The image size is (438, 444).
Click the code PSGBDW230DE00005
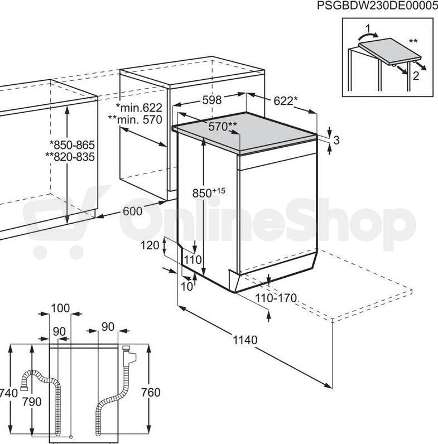click(377, 5)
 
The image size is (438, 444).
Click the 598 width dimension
click(212, 100)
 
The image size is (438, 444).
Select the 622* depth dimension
click(286, 100)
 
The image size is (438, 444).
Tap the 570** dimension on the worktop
click(223, 126)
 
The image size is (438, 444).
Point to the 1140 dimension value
click(245, 340)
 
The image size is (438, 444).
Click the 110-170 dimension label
click(276, 298)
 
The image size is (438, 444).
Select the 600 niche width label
click(133, 211)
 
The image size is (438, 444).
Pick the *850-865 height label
click(72, 144)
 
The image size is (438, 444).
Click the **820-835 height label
click(70, 157)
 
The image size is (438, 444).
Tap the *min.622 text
click(139, 108)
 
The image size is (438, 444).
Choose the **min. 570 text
click(135, 119)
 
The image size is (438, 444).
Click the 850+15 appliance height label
click(209, 192)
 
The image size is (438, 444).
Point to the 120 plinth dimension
click(150, 245)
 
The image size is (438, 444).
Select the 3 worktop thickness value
click(336, 140)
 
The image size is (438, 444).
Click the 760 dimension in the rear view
click(151, 392)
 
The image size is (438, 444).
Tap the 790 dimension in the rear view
click(32, 402)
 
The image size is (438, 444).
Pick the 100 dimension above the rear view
click(60, 308)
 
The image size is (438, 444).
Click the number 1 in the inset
click(368, 28)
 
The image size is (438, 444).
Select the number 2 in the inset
click(416, 76)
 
